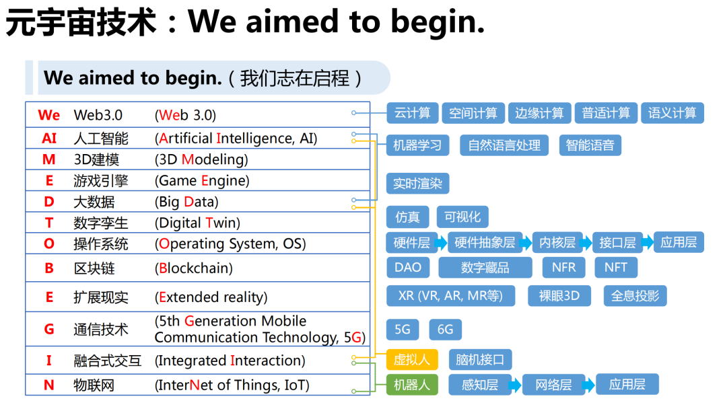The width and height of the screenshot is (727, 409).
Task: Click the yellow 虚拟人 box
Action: click(x=412, y=359)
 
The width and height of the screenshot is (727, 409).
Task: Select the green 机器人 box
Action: click(x=412, y=385)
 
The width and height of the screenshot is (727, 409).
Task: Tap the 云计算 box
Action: click(x=413, y=113)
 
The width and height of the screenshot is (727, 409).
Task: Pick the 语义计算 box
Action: click(x=672, y=113)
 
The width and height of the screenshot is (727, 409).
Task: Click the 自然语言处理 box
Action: click(x=504, y=145)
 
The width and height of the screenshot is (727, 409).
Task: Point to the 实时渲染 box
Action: click(x=418, y=184)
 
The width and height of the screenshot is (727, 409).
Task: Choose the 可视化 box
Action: click(x=462, y=217)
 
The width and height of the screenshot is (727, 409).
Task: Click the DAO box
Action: click(x=408, y=267)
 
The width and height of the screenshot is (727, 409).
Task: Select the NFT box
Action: click(x=616, y=267)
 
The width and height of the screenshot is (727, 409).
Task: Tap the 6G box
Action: click(x=445, y=330)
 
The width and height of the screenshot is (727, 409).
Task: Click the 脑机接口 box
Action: click(x=481, y=359)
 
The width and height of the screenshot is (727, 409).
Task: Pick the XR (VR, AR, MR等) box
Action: click(x=450, y=295)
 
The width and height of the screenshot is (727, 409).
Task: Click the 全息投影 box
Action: click(x=635, y=295)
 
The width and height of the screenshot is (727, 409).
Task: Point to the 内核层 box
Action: click(x=557, y=242)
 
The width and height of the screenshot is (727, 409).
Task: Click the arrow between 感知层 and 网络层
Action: click(x=515, y=385)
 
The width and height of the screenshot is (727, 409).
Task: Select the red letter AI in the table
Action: click(x=49, y=138)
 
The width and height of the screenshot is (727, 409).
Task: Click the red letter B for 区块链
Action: click(x=49, y=268)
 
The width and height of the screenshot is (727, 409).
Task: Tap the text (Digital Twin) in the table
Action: click(x=197, y=223)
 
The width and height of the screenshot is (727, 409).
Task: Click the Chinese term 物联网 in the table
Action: click(x=94, y=385)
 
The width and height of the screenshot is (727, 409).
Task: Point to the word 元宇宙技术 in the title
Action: click(x=81, y=22)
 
